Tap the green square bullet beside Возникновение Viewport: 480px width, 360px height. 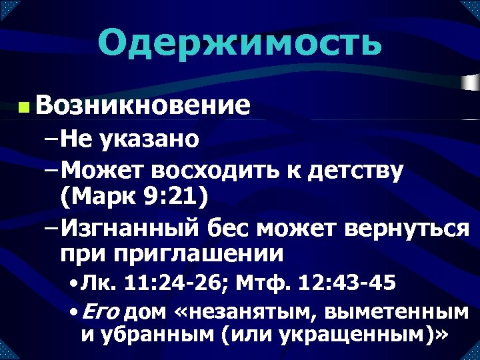click(x=24, y=107)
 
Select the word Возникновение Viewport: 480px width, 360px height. click(x=144, y=105)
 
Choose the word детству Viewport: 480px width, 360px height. click(x=355, y=171)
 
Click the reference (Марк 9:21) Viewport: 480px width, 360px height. click(x=133, y=197)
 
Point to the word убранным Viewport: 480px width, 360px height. click(x=154, y=333)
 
